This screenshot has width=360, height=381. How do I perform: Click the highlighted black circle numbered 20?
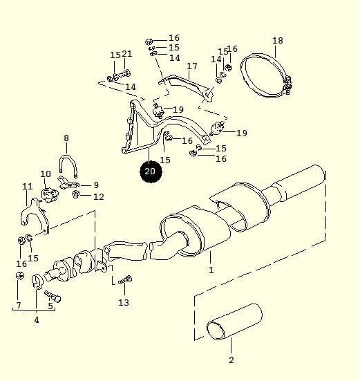(x=151, y=171)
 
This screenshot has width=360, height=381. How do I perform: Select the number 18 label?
(x=278, y=41)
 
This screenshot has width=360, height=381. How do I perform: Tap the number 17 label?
(x=192, y=66)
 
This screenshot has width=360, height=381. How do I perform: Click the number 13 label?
(x=124, y=302)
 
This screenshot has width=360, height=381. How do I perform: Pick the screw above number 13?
(x=125, y=279)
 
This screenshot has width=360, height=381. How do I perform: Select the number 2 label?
(x=231, y=360)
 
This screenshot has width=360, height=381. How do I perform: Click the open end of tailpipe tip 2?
(x=216, y=331)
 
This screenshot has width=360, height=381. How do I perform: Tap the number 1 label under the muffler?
(x=211, y=270)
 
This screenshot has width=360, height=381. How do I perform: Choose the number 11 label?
(x=28, y=187)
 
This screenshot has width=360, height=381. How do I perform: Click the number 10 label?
(x=46, y=174)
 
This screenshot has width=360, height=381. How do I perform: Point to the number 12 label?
(x=99, y=197)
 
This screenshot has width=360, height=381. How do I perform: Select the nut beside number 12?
(x=76, y=194)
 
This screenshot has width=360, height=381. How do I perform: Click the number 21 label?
(x=127, y=54)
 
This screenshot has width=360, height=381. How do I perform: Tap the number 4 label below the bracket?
(x=37, y=320)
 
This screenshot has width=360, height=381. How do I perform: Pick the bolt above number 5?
(x=53, y=296)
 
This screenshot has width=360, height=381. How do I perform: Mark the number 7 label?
(x=19, y=305)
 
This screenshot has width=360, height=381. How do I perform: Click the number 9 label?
(x=96, y=185)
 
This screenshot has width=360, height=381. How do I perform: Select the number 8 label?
(x=66, y=138)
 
